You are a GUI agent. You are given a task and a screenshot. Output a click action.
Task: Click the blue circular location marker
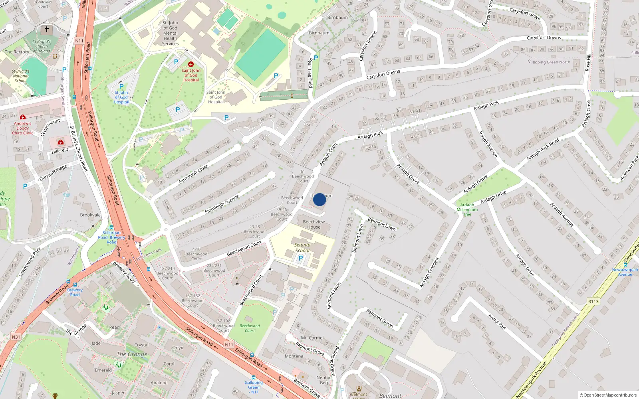click(319, 199)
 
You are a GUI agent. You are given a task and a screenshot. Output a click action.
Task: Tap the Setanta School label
click(302, 248)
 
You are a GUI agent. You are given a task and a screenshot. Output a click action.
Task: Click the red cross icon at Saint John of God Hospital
click(191, 64)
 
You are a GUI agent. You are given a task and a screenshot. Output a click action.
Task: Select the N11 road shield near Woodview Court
click(79, 41)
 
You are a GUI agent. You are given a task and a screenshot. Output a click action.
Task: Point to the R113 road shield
click(593, 301)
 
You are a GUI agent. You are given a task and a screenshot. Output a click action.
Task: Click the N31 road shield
click(16, 337)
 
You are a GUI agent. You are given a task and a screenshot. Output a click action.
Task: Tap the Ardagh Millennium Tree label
click(467, 209)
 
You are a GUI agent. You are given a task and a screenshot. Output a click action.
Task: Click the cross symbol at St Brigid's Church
click(47, 30)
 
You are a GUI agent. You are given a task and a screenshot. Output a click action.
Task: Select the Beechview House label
click(314, 224)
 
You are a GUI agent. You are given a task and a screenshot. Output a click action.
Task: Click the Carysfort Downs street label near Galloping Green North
click(544, 38)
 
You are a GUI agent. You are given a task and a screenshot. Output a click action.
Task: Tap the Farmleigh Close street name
click(193, 174)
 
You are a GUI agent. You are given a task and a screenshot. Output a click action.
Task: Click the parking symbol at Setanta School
click(301, 258)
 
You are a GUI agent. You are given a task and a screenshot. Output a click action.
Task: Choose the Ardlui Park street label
click(497, 322)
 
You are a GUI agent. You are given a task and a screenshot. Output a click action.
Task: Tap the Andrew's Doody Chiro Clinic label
click(22, 128)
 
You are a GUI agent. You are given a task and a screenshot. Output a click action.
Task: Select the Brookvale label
click(90, 215)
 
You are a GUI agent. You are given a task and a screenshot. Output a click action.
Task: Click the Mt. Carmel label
click(312, 338)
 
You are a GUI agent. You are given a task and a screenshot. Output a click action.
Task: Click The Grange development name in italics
click(132, 354)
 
